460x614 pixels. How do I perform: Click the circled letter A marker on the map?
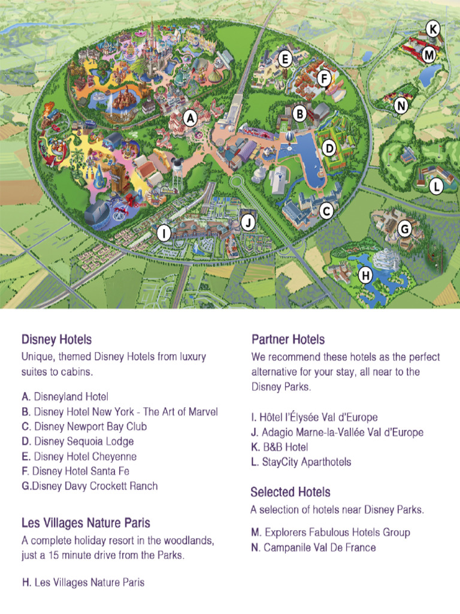190,119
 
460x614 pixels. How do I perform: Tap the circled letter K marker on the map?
432,28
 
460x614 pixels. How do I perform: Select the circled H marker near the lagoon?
365,276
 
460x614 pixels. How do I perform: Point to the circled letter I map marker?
163,233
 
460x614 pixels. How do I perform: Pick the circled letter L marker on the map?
436,186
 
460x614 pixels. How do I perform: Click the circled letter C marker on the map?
326,210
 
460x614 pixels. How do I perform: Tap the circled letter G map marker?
404,228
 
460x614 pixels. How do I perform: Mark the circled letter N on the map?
401,106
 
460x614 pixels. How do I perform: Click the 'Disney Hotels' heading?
56,340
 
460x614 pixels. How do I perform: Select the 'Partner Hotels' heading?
288,339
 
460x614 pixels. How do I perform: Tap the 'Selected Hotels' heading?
290,492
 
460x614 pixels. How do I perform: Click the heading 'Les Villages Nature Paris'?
86,522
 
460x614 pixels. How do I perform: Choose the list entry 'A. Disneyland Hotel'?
65,396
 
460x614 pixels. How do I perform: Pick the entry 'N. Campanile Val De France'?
313,547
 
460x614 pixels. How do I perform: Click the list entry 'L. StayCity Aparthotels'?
301,462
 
